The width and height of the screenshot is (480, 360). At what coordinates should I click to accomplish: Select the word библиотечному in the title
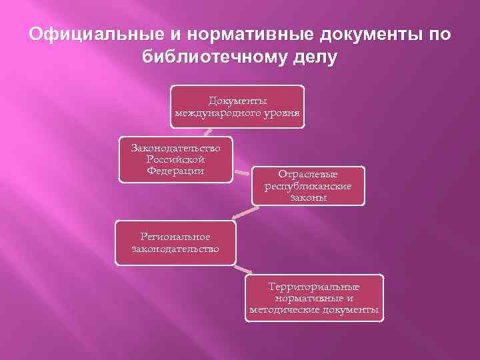point(215,57)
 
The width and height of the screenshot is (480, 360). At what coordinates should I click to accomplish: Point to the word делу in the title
point(314,57)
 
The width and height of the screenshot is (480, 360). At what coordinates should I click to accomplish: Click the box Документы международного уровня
point(237,107)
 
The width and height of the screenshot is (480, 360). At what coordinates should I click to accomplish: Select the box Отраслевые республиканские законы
point(308,185)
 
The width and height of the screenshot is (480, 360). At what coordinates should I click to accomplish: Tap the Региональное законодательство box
point(175,243)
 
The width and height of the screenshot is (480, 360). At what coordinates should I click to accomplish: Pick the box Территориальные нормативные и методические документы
point(314,298)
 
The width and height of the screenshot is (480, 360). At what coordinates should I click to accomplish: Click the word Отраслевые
point(308,174)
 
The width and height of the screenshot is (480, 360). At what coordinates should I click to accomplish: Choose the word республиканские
point(308,185)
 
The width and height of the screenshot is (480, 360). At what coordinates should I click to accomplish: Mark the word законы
point(308,197)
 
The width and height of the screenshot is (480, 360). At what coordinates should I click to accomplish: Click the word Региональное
point(175,237)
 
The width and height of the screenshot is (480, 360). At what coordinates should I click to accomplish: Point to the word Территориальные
point(314,287)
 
